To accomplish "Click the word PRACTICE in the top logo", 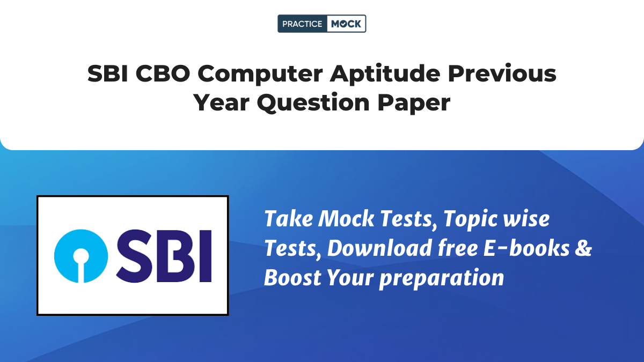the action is click(x=302, y=24).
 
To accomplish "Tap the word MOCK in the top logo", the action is click(x=346, y=24).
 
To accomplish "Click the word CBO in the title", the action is click(x=163, y=73).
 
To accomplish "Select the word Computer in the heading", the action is click(x=260, y=75).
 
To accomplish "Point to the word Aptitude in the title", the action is click(x=385, y=74).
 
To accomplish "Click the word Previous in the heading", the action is click(x=502, y=73).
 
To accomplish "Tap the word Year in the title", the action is click(x=221, y=102).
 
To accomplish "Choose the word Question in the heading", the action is click(x=313, y=104).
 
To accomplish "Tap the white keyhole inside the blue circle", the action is click(x=81, y=264).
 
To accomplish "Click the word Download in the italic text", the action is click(x=379, y=248).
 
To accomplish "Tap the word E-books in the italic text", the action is click(x=526, y=248).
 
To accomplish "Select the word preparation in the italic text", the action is click(x=441, y=279).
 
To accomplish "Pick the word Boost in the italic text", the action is click(x=292, y=278).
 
